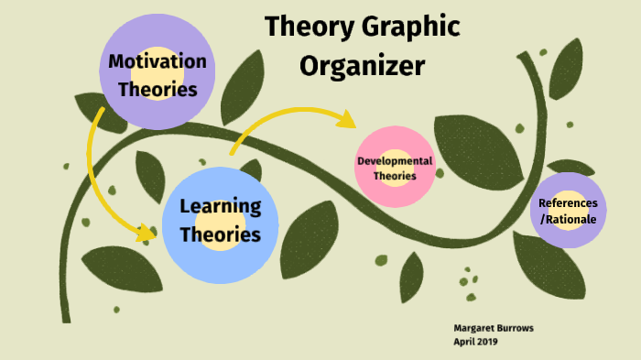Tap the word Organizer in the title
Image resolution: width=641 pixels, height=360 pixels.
[x=363, y=66]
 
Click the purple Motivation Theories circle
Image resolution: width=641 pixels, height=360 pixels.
[x=158, y=37]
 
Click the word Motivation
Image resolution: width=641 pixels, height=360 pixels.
[x=158, y=61]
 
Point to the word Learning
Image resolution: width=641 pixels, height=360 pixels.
[x=221, y=205]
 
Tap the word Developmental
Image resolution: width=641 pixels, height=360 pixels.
[x=395, y=161]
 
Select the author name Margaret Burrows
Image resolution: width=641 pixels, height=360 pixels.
[x=494, y=327]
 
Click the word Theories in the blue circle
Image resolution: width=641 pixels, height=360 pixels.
[x=220, y=235]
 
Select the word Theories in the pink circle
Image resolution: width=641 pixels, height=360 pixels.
[x=395, y=176]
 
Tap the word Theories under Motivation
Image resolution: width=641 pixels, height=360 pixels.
[x=158, y=90]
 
